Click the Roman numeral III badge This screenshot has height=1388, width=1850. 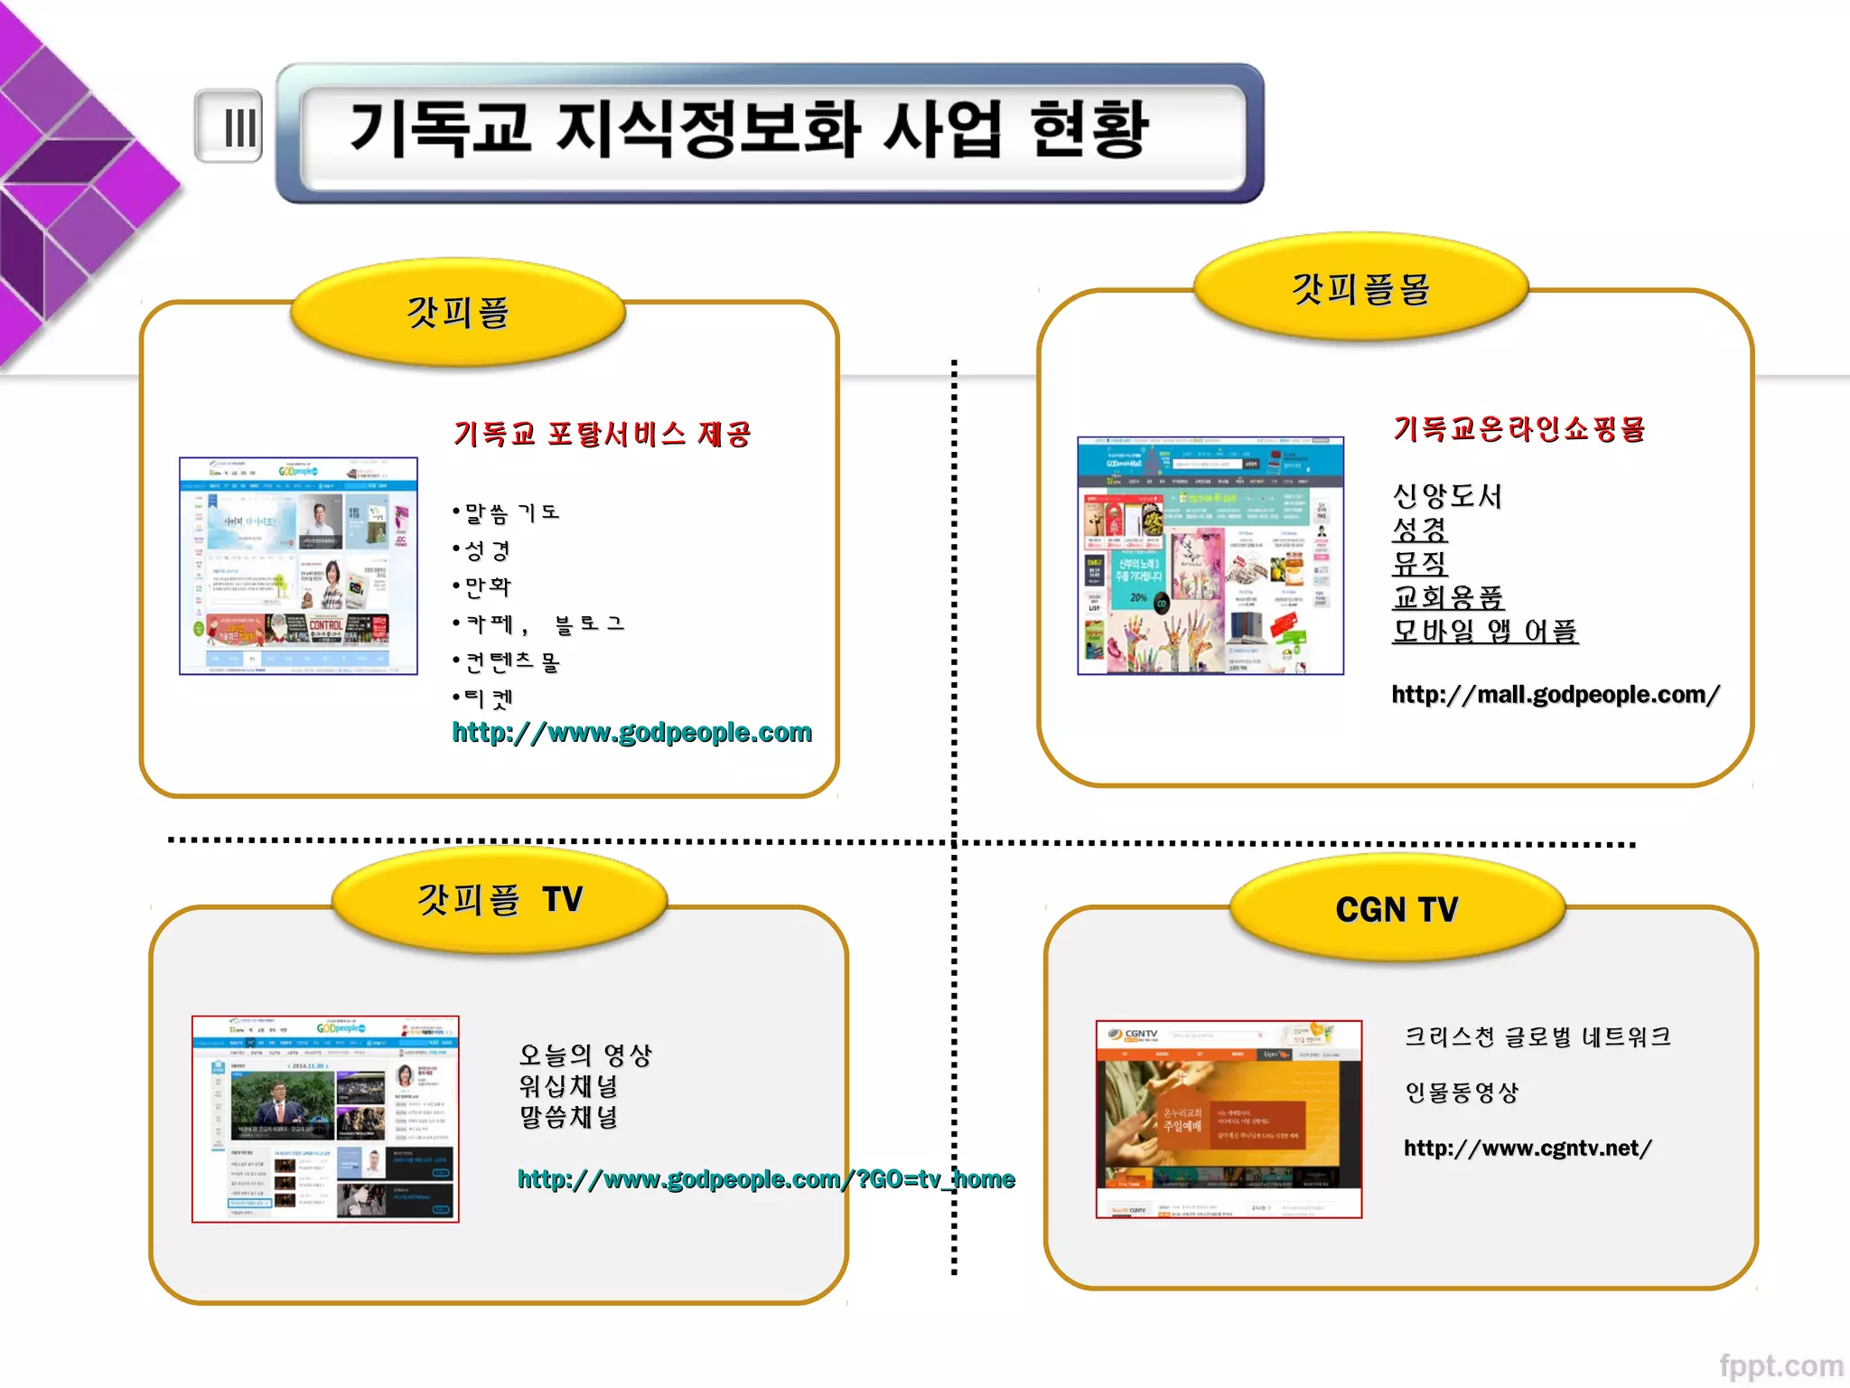229,127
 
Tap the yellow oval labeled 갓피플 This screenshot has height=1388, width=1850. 458,313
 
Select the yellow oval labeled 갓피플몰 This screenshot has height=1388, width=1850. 1360,288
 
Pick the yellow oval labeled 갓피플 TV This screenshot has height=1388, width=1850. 500,899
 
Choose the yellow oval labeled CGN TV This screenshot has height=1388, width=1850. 1397,908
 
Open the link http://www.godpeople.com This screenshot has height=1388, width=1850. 631,732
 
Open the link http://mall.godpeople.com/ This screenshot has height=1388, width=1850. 1555,694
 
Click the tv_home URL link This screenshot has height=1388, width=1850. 766,1178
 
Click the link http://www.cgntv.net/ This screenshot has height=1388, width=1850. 1528,1148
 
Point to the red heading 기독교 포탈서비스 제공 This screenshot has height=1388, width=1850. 602,434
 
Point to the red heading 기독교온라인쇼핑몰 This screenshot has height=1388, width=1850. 1519,428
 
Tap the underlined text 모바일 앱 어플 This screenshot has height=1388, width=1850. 1485,630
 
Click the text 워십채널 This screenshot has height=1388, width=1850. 568,1085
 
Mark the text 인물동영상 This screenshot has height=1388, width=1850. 1462,1093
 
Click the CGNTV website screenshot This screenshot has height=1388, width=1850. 1229,1119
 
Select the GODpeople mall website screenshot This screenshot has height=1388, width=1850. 1210,556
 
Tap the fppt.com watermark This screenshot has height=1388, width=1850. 1780,1365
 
